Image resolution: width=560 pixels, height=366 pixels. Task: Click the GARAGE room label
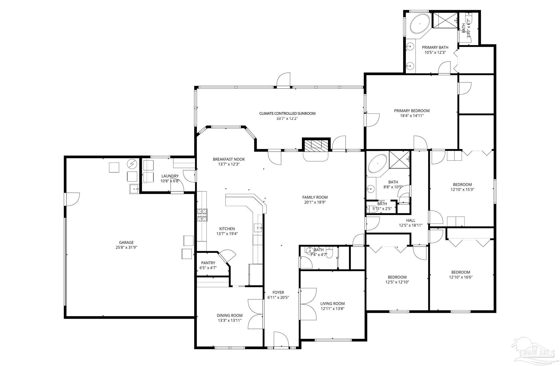[126, 242]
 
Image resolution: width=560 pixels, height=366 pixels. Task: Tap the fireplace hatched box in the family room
[316, 145]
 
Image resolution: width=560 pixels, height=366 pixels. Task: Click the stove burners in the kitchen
[202, 215]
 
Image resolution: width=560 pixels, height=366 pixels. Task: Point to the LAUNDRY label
[170, 176]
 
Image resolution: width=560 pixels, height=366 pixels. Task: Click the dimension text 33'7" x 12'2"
[287, 119]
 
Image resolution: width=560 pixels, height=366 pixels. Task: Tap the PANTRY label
[208, 263]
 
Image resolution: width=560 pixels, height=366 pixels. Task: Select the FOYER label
[278, 292]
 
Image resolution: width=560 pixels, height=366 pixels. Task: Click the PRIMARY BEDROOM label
[412, 111]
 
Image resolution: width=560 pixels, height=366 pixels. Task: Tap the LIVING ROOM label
[332, 303]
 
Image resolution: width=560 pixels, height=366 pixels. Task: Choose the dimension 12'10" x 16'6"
[461, 277]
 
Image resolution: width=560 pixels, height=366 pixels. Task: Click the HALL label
[411, 220]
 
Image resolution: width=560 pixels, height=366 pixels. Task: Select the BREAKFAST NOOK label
[229, 159]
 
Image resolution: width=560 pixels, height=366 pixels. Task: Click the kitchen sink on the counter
[258, 228]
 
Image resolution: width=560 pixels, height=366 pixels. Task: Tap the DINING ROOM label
[230, 315]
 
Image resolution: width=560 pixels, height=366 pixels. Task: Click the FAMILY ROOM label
[315, 197]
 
